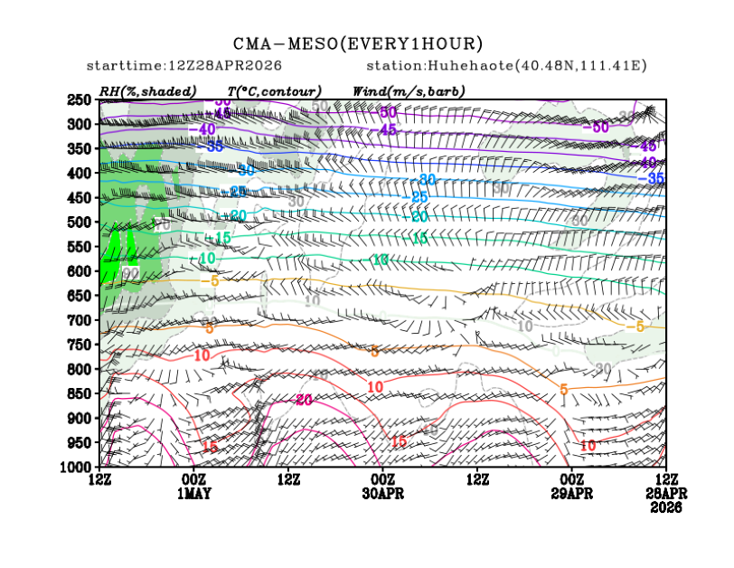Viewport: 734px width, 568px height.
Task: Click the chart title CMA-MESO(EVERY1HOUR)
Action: [x=358, y=43]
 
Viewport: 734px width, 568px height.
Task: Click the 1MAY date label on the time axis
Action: [x=193, y=495]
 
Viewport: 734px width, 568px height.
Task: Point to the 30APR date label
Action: [x=382, y=495]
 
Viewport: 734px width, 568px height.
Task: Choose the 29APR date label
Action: [x=571, y=495]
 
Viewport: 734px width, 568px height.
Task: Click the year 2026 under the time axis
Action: [x=666, y=507]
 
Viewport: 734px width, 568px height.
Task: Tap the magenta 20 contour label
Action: [x=303, y=400]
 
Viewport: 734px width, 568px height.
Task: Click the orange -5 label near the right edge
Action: [x=636, y=326]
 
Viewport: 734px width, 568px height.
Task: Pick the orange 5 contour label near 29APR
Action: [x=563, y=389]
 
